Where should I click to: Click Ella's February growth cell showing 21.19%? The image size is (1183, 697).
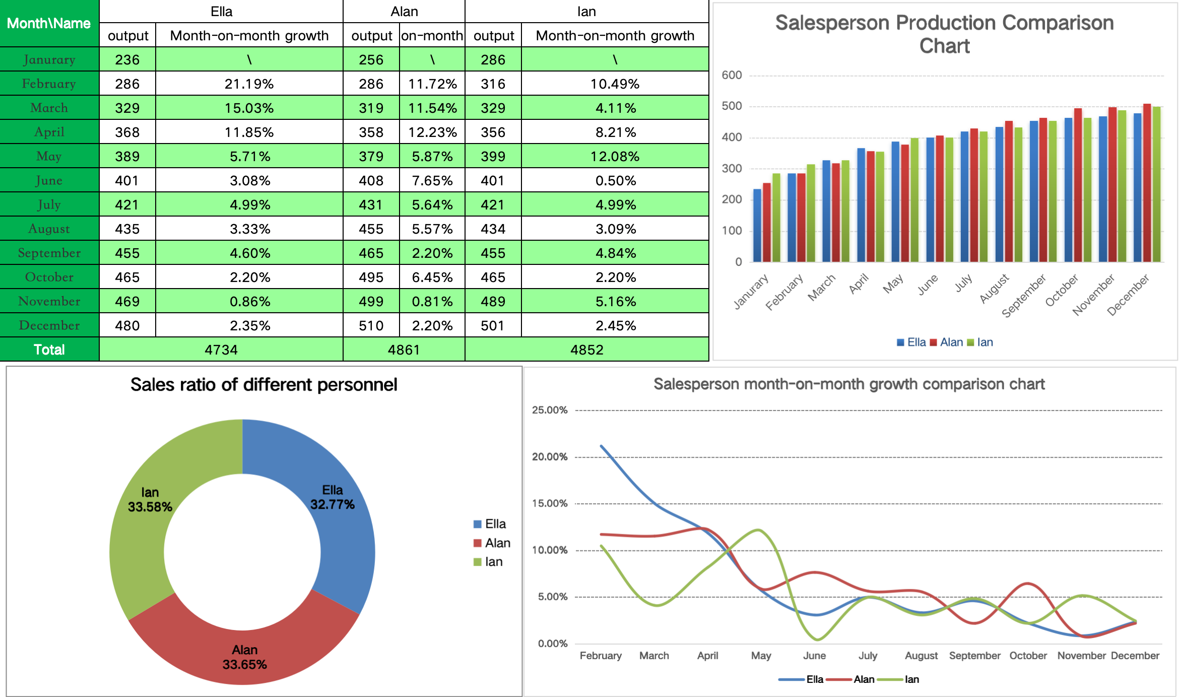[249, 84]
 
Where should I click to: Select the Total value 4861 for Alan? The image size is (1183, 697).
[404, 350]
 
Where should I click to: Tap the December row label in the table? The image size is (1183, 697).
[49, 325]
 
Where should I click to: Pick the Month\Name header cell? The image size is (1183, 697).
[49, 24]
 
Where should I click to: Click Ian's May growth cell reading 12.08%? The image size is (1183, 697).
[615, 156]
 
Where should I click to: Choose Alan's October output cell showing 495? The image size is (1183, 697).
[371, 277]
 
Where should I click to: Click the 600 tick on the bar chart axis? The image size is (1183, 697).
[732, 76]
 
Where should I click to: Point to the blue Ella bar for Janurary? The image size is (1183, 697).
[757, 225]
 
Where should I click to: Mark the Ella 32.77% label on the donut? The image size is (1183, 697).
[333, 497]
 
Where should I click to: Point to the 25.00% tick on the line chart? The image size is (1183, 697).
[550, 410]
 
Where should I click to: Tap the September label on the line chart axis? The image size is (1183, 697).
[974, 656]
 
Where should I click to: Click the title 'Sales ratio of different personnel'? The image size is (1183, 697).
[264, 385]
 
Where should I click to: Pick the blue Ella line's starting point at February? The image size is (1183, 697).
[602, 446]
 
